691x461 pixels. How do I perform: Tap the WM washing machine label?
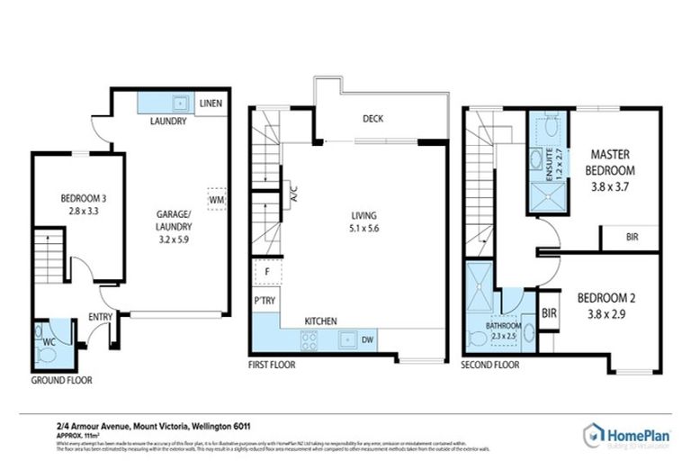pyautogui.click(x=216, y=198)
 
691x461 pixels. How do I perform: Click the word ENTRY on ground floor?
pyautogui.click(x=100, y=317)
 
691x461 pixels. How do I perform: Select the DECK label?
pyautogui.click(x=373, y=118)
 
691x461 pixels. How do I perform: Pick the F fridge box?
pyautogui.click(x=267, y=271)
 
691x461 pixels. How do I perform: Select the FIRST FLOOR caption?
pyautogui.click(x=271, y=365)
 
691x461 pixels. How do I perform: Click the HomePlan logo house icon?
pyautogui.click(x=594, y=432)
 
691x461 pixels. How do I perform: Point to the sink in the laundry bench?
pyautogui.click(x=180, y=101)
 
